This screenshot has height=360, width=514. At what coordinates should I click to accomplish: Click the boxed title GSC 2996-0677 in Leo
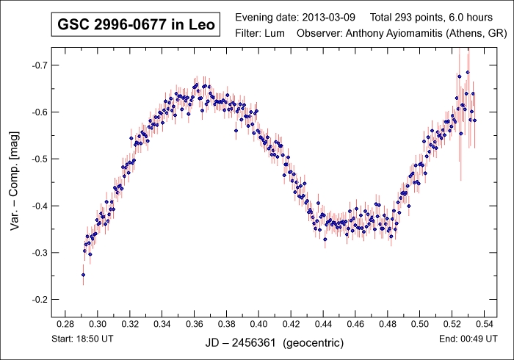click(x=137, y=26)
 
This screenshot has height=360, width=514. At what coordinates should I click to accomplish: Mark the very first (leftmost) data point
click(x=83, y=275)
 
